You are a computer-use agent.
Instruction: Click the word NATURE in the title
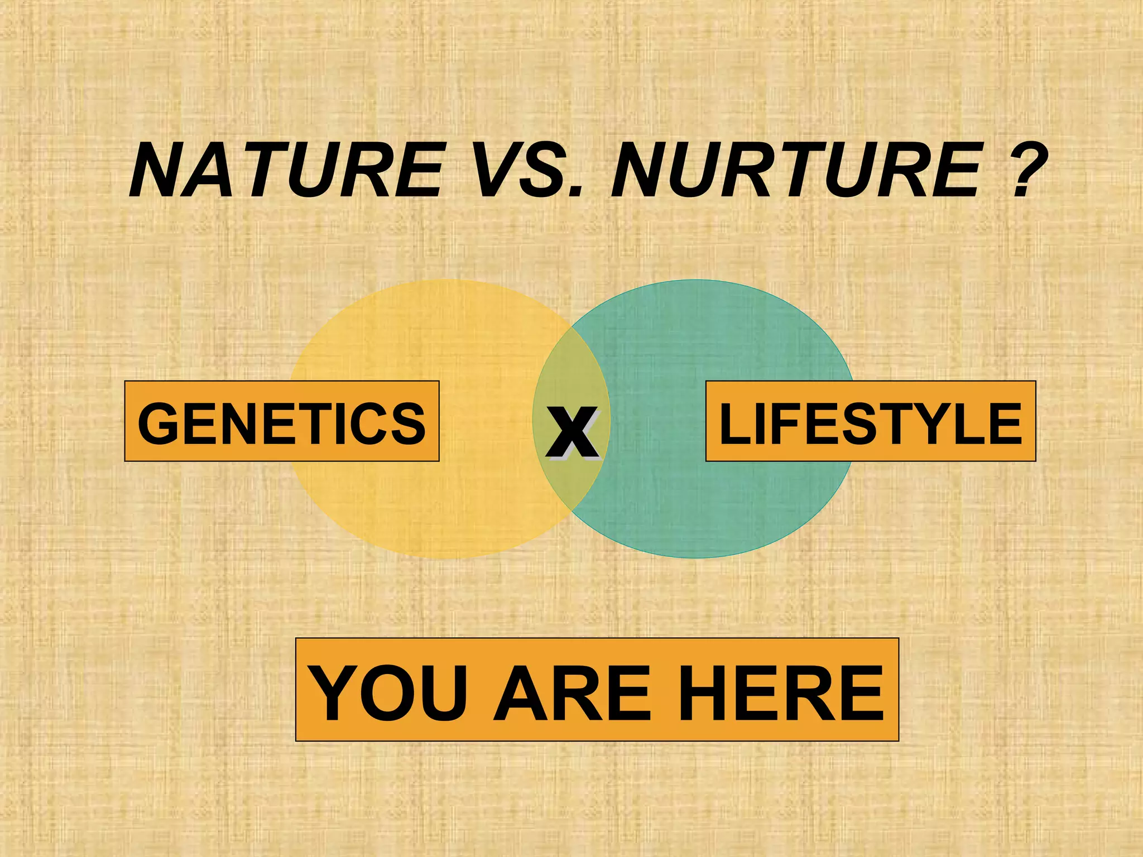tap(287, 170)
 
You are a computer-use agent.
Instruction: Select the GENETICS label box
tap(282, 421)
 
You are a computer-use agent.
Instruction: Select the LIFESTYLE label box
tap(871, 421)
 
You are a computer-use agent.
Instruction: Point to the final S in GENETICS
tap(408, 423)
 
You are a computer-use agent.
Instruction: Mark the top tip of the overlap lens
tap(571, 328)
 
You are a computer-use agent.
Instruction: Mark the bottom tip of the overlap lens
tap(571, 511)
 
